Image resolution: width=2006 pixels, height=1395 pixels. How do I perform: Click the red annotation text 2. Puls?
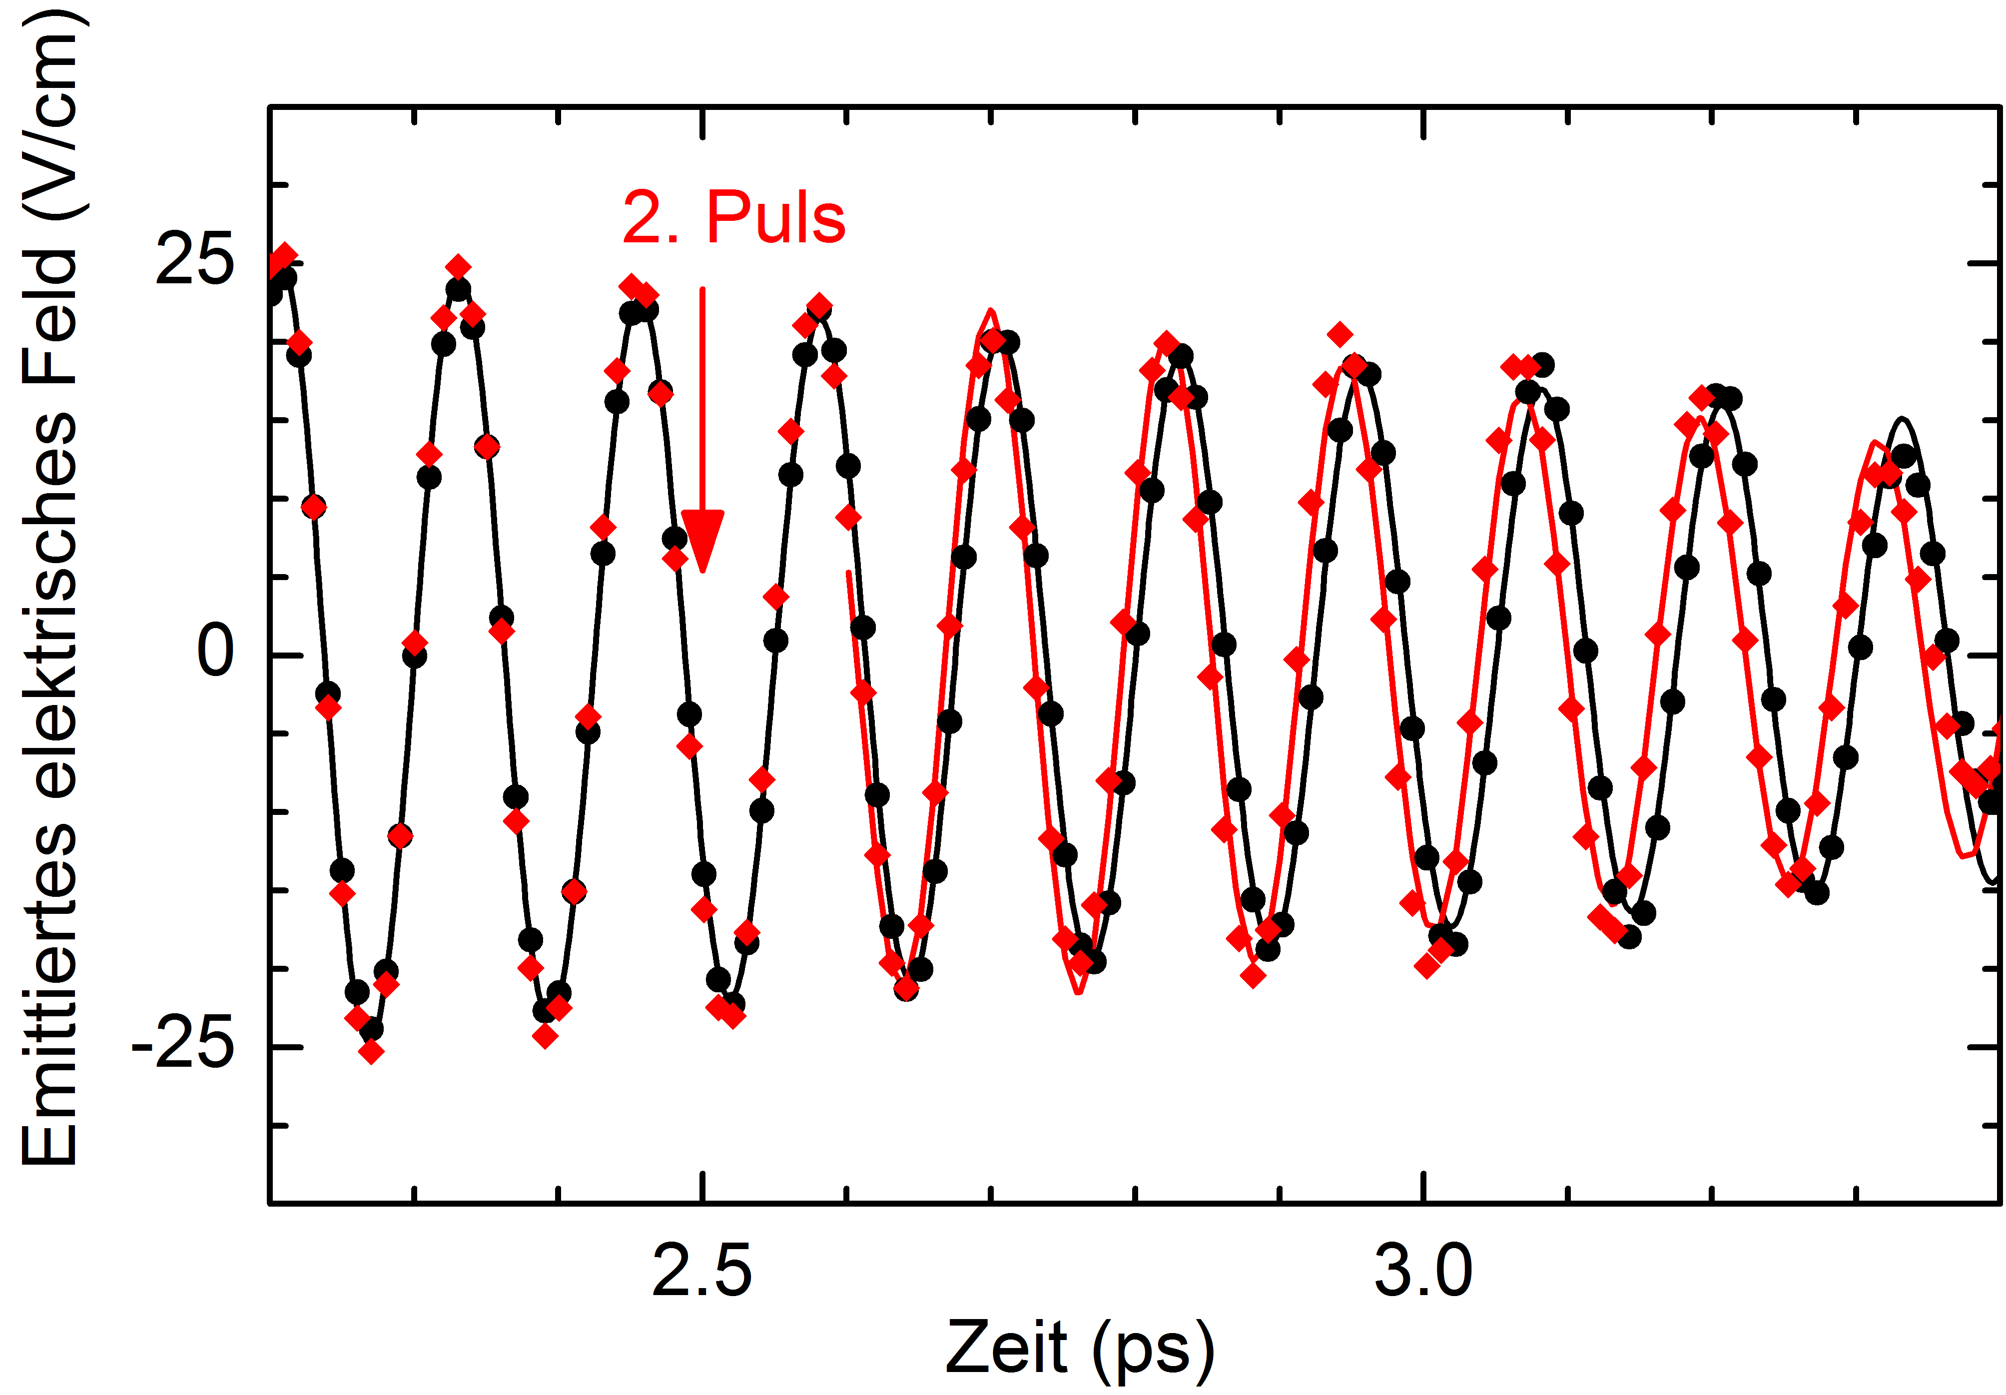734,217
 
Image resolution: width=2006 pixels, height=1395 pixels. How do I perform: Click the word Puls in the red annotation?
776,217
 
